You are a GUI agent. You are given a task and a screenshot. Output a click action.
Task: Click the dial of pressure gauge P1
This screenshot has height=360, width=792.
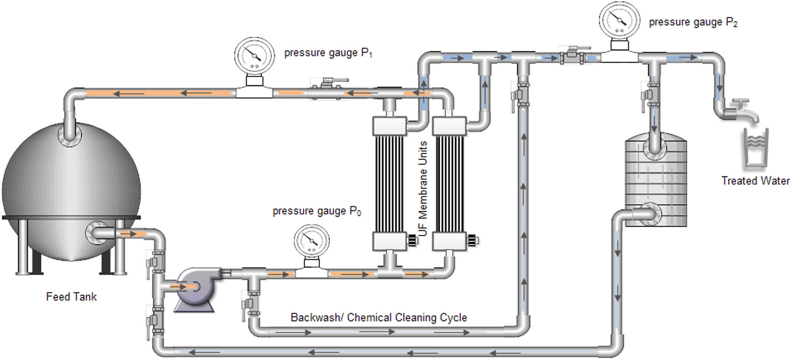[x=254, y=56]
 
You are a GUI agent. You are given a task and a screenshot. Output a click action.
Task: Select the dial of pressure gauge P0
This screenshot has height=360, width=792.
[x=312, y=241]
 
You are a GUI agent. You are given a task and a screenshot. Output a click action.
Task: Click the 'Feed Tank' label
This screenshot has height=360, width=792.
[x=71, y=297]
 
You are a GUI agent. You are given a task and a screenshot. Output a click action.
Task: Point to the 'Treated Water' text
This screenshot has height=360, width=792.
[x=755, y=181]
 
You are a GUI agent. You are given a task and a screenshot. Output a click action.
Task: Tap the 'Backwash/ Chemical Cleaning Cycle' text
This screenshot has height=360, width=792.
[x=379, y=317]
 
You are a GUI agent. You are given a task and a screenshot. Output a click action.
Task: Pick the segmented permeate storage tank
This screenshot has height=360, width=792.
[x=656, y=182]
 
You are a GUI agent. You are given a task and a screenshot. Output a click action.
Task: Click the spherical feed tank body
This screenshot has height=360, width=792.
[x=71, y=190]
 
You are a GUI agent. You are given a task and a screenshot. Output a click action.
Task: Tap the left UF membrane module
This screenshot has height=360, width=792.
[x=390, y=184]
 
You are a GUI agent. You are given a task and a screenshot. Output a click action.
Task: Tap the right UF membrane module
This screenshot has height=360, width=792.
[x=449, y=184]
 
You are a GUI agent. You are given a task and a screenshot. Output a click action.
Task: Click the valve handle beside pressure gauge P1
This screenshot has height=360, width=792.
[x=330, y=82]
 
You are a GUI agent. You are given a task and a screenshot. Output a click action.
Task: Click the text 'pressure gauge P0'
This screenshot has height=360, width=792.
[x=317, y=211]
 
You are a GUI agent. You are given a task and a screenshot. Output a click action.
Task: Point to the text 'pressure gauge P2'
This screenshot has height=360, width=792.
[x=693, y=22]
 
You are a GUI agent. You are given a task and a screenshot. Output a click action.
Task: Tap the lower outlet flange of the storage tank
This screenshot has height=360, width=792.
[x=650, y=214]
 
